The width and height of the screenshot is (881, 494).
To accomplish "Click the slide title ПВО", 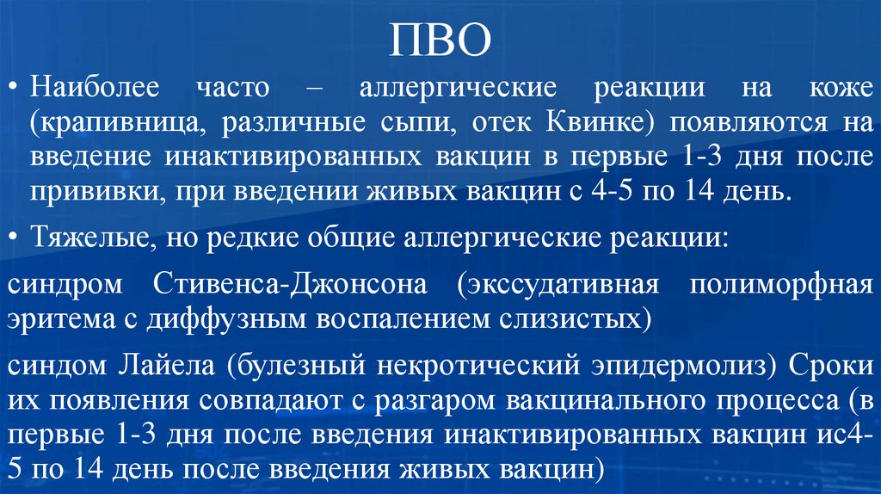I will [440, 40].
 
